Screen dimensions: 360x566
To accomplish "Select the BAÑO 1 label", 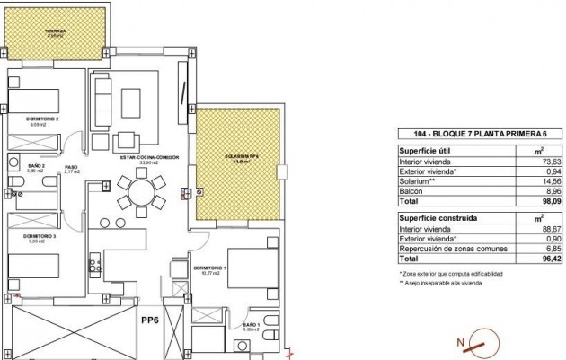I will pos(250,325).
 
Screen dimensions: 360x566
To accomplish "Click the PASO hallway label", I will pos(69,166).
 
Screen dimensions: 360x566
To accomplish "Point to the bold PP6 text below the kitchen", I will pos(151,317).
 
